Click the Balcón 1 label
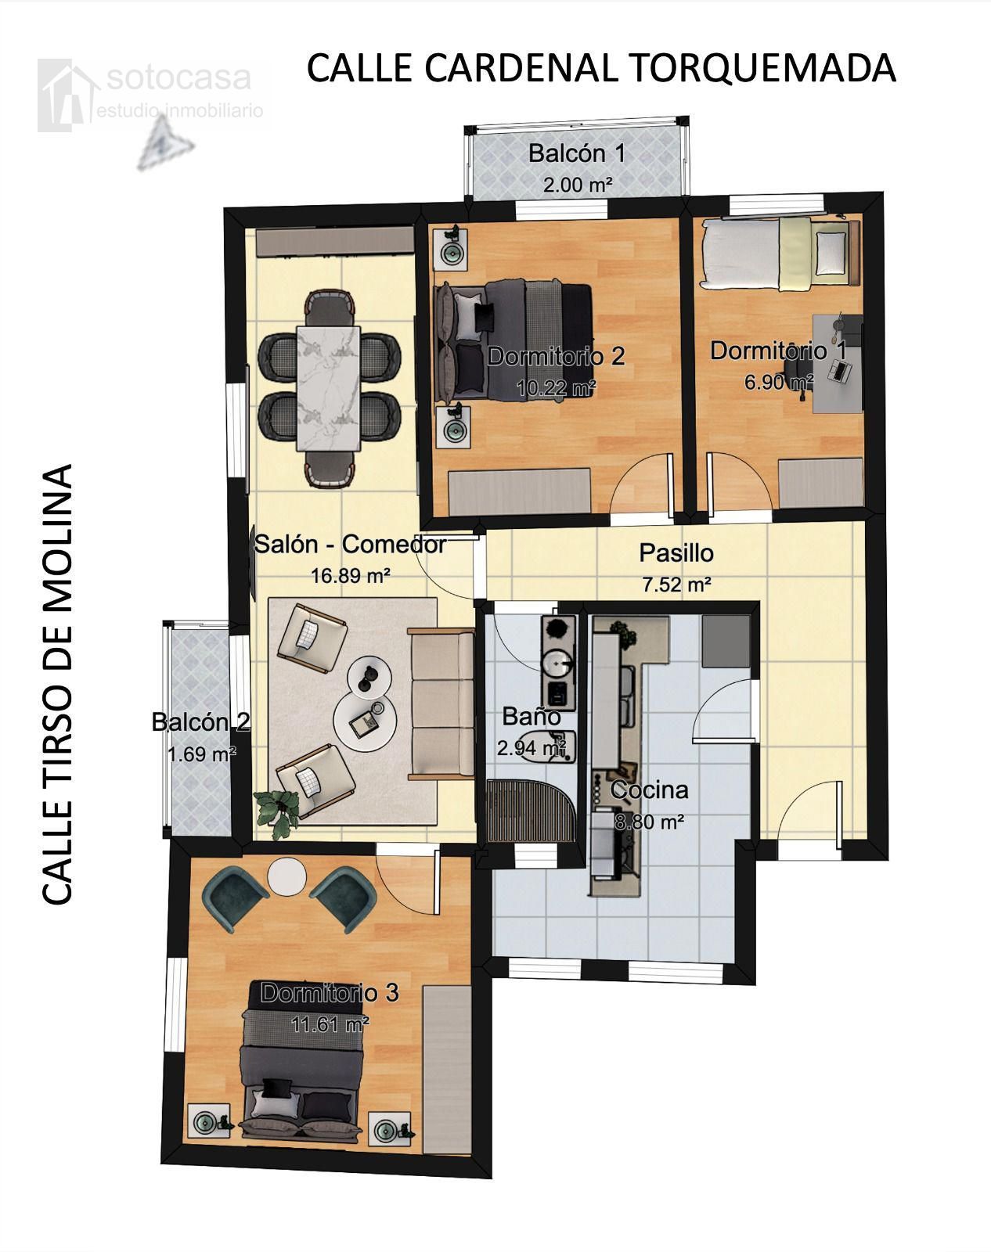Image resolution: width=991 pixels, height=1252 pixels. [577, 153]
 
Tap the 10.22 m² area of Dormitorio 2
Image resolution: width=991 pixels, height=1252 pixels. [557, 387]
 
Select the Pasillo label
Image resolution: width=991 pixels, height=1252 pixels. [676, 552]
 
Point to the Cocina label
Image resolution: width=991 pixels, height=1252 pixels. [650, 790]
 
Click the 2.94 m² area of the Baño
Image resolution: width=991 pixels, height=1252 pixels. [532, 748]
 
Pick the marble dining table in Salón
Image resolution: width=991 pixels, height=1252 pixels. [329, 388]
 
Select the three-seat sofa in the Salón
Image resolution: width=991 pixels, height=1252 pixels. [441, 704]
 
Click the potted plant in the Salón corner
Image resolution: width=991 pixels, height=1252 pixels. [277, 813]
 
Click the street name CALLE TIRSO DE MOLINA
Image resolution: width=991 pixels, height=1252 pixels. [57, 684]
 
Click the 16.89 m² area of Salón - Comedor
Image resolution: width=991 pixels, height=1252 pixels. [350, 576]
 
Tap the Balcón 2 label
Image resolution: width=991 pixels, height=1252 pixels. [200, 722]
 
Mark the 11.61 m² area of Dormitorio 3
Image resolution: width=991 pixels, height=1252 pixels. [330, 1024]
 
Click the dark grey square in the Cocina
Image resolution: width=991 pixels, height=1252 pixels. [726, 641]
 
